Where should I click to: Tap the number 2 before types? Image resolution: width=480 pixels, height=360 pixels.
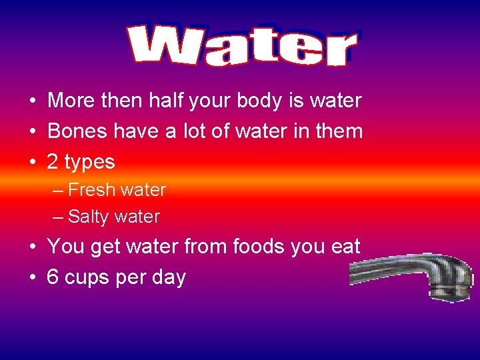pyautogui.click(x=53, y=162)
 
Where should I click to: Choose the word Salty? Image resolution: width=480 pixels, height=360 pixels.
pyautogui.click(x=89, y=217)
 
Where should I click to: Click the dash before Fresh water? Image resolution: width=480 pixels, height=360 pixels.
pyautogui.click(x=58, y=190)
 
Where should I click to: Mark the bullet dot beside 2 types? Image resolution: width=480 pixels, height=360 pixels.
pyautogui.click(x=32, y=162)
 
